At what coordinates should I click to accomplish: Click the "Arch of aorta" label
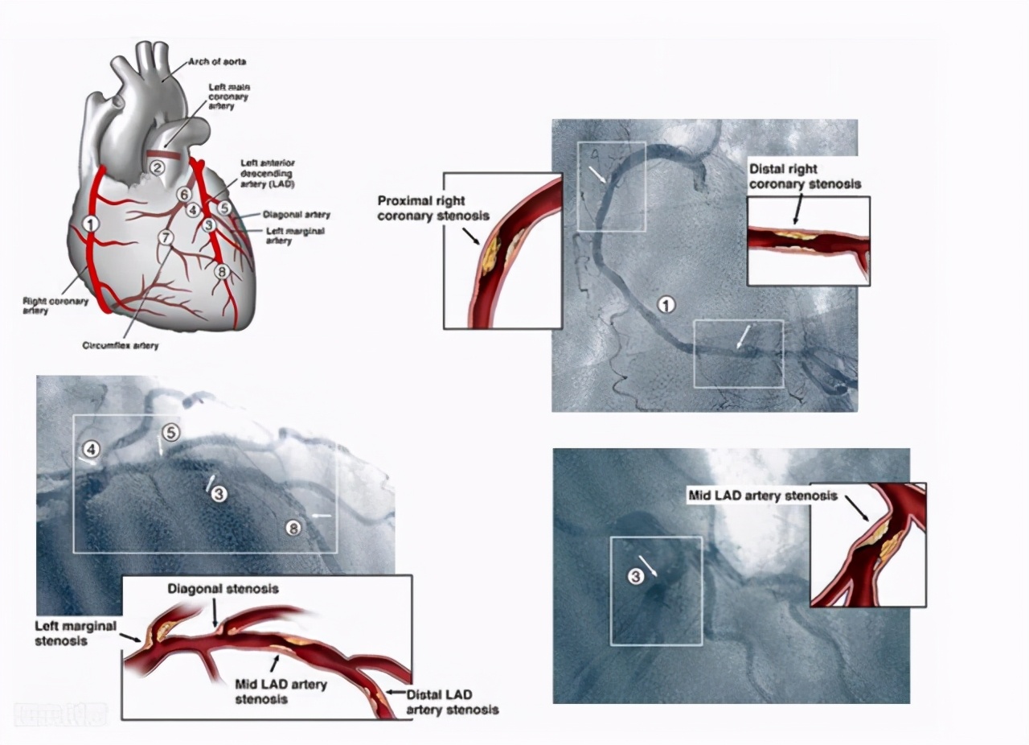217,62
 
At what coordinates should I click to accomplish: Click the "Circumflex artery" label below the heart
121,345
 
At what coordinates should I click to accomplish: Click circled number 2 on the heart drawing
157,167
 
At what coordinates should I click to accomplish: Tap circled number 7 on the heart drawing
166,237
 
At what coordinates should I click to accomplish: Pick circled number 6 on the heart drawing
184,195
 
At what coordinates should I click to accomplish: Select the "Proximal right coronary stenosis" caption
421,208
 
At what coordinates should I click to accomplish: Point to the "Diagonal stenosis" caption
223,589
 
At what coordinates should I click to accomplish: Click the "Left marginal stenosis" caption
76,632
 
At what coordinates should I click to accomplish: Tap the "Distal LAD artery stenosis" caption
452,702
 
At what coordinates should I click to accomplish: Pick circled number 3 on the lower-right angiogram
635,576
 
